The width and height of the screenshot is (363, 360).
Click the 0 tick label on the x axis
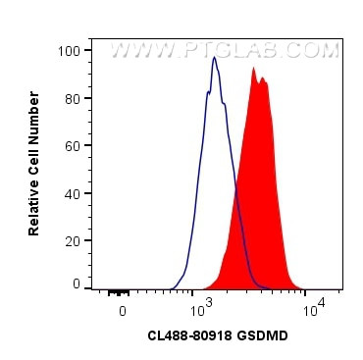(x=122, y=310)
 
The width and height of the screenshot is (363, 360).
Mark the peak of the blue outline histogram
(x=214, y=57)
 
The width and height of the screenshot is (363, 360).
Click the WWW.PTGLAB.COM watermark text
(x=227, y=48)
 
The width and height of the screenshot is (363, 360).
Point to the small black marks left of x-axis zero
(x=119, y=291)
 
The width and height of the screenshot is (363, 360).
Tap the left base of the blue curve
(x=173, y=286)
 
